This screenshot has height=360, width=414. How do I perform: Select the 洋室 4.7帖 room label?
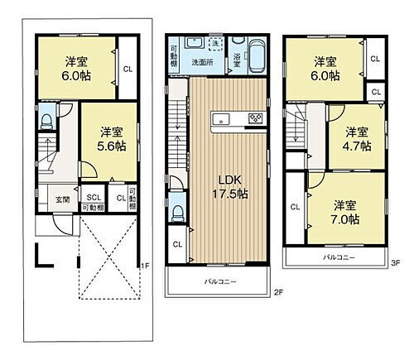[x=358, y=138]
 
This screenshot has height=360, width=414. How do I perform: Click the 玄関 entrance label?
[x=63, y=199]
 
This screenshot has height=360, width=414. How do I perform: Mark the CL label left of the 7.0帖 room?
[x=296, y=208]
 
